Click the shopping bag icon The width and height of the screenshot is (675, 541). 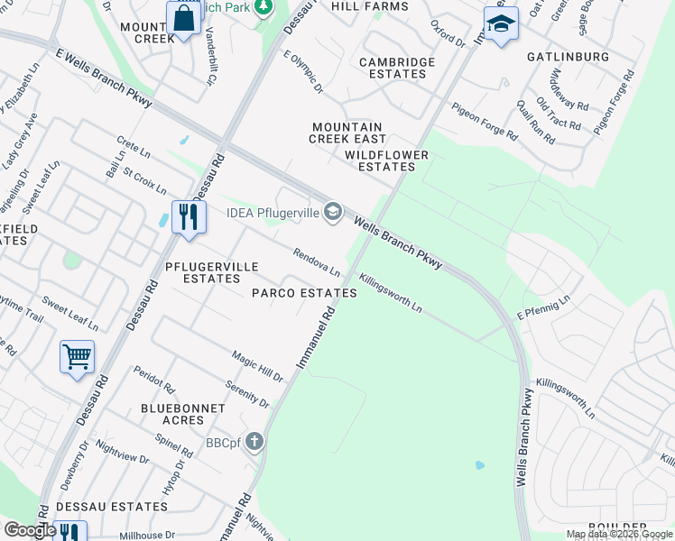click(182, 18)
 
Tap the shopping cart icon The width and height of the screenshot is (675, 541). click(77, 356)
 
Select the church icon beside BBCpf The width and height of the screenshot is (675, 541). click(255, 442)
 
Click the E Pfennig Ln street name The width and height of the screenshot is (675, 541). click(544, 307)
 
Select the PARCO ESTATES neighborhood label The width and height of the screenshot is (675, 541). click(304, 294)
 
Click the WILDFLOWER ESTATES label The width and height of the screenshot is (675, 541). click(386, 160)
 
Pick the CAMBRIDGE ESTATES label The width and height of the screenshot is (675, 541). click(397, 68)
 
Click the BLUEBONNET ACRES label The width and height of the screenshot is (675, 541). click(182, 414)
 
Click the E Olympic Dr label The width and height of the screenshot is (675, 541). click(303, 72)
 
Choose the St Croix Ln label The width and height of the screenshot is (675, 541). click(144, 179)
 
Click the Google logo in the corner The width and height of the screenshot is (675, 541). click(29, 530)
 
